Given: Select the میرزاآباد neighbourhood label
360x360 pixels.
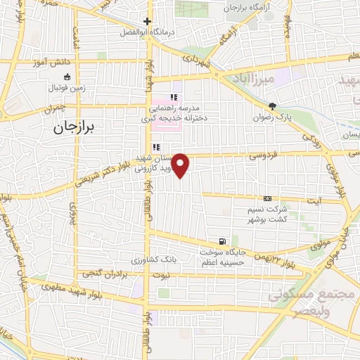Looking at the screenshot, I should [x=263, y=79].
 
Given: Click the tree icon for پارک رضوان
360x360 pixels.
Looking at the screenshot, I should [x=271, y=105].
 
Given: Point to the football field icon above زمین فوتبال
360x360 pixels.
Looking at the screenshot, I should [x=67, y=77].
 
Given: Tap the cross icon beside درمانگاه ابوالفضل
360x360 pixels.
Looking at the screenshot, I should [x=146, y=22].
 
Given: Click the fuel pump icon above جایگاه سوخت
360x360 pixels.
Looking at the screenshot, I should [x=223, y=241].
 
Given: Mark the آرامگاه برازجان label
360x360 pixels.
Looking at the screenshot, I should [x=252, y=8].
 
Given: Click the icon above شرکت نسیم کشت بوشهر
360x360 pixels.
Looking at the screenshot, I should [x=266, y=199].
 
